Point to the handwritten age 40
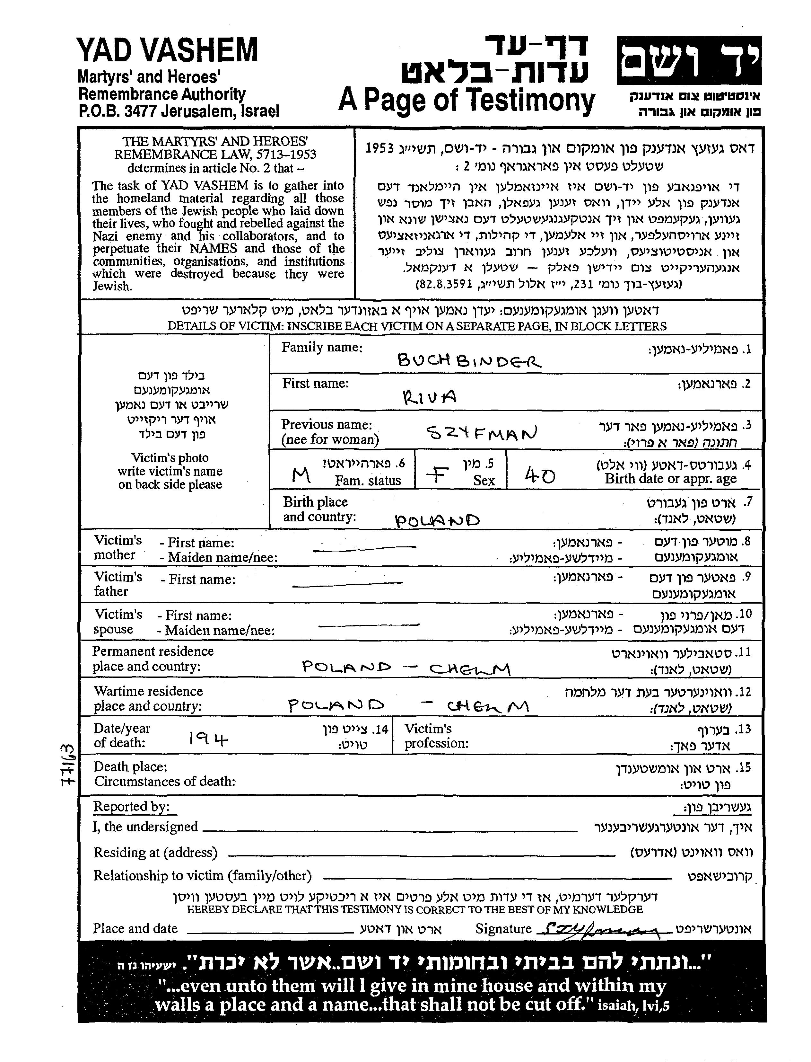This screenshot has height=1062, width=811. click(540, 476)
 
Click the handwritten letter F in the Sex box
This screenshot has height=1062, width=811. click(437, 476)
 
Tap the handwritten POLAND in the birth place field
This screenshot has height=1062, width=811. click(437, 520)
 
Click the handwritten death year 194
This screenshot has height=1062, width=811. click(208, 738)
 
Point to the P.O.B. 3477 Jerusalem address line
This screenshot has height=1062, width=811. click(179, 111)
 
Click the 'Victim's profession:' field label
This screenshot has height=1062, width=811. click(436, 736)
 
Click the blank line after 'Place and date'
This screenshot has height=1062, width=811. click(270, 930)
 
